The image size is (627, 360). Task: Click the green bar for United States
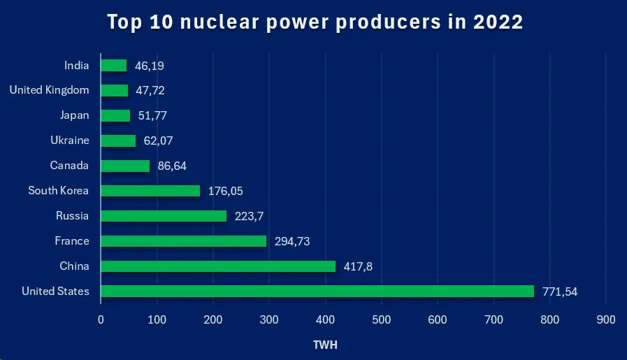coord(317,291)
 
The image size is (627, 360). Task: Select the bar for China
coord(218,266)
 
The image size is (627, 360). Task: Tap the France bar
coord(184,240)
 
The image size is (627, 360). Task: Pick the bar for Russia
coord(164,216)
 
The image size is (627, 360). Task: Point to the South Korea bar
coord(150,191)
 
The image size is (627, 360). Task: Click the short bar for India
coord(114,66)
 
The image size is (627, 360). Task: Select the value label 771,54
coord(560,291)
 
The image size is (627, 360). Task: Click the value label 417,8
coord(358,266)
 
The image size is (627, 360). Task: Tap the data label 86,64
coord(172,166)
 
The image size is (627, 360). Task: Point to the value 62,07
coord(158,141)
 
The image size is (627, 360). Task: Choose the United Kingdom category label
coord(49,90)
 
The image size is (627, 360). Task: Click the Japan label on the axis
coord(75,115)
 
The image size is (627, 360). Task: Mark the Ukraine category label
coord(70,141)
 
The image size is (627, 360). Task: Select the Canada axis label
coord(69,166)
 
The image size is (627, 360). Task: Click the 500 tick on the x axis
coord(382,319)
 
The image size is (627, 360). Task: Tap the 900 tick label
coord(606,319)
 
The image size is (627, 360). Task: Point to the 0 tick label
coord(101,319)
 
